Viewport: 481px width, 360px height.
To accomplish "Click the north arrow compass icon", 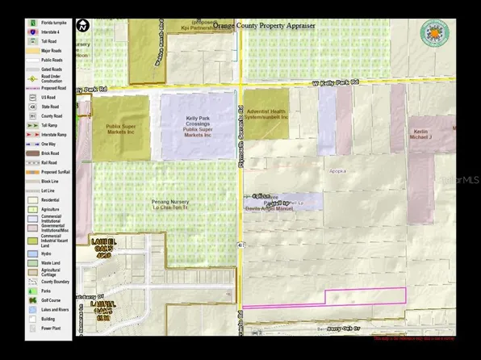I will [83, 25].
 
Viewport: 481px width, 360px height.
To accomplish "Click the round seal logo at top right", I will [435, 34].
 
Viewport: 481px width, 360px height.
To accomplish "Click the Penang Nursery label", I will [164, 204].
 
